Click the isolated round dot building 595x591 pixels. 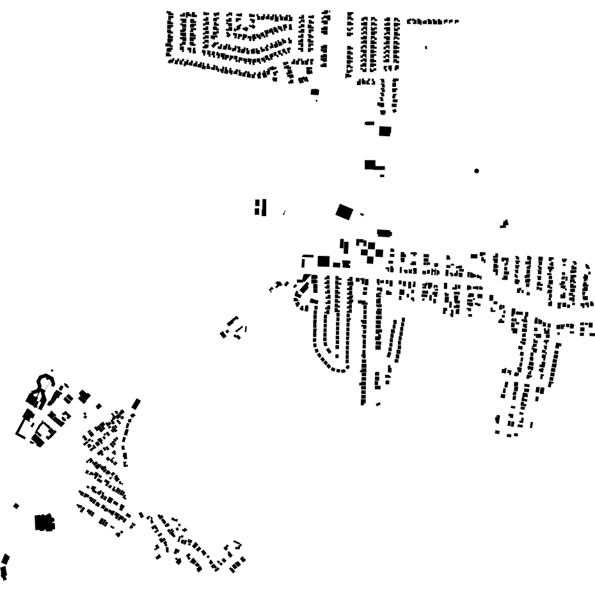(x=477, y=171)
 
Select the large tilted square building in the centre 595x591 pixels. (x=344, y=211)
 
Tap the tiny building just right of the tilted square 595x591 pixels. (x=361, y=214)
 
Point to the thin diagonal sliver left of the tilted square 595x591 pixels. (x=284, y=212)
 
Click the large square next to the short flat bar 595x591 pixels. (x=385, y=130)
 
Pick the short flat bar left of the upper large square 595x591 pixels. (x=369, y=123)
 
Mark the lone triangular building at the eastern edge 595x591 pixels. (x=505, y=223)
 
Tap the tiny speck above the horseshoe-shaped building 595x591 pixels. (x=52, y=370)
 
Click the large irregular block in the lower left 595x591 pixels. (x=44, y=523)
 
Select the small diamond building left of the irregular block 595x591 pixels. (x=16, y=506)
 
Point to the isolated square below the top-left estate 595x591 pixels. (x=314, y=92)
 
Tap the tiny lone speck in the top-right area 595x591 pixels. (x=426, y=47)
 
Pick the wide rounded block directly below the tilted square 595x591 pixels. (x=383, y=233)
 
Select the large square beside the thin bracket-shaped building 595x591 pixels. (x=323, y=261)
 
